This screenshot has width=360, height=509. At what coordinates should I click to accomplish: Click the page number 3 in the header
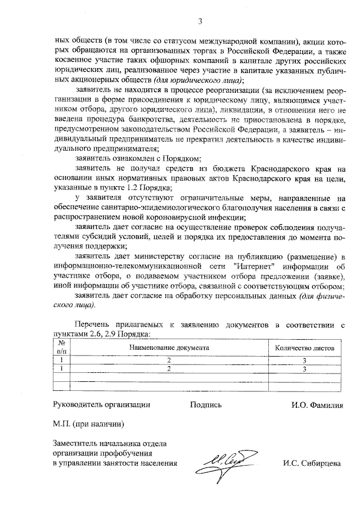point(200,21)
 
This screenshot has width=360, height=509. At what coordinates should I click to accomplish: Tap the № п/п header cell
point(61,348)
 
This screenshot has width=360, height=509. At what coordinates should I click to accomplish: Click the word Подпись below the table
point(206,404)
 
